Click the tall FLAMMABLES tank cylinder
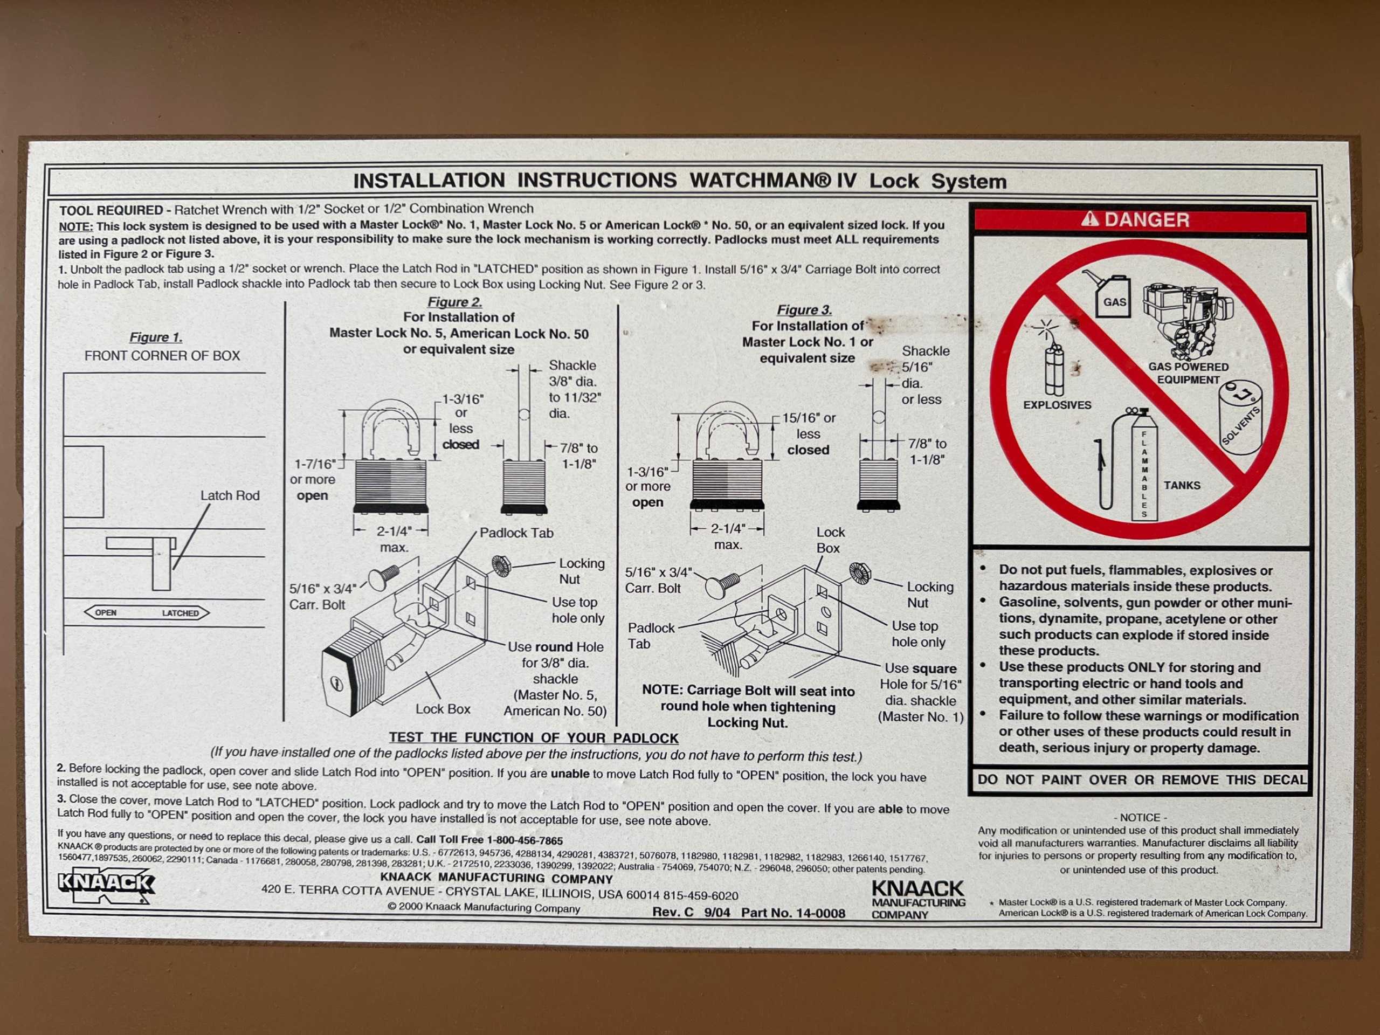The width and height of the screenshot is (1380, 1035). click(1144, 465)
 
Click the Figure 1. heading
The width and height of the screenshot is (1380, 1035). click(156, 337)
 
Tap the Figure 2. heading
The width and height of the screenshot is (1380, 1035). click(455, 302)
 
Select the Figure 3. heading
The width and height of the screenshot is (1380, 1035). click(804, 310)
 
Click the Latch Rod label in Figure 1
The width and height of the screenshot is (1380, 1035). click(230, 495)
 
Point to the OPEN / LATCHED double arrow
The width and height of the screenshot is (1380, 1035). click(147, 612)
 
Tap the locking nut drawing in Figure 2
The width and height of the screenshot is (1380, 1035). click(501, 566)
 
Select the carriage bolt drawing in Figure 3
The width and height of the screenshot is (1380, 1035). click(722, 584)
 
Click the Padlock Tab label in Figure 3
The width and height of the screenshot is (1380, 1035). click(651, 636)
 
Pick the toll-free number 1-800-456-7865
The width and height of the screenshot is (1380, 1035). click(525, 840)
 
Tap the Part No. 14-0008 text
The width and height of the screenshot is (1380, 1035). click(793, 913)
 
